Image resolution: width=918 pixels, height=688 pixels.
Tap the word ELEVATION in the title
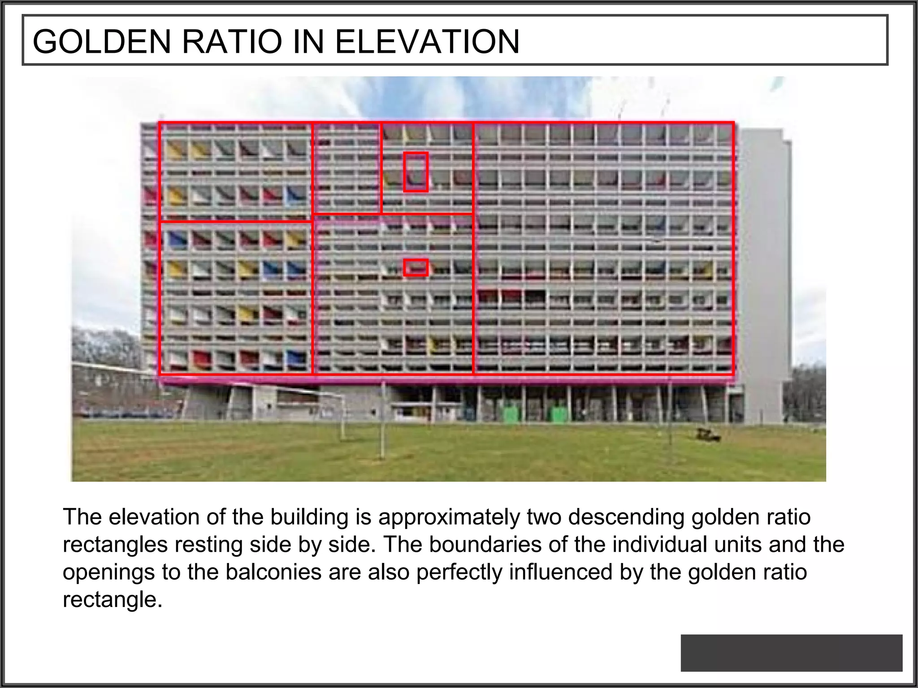pyautogui.click(x=427, y=41)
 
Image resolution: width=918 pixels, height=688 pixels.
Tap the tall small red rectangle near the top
pyautogui.click(x=416, y=172)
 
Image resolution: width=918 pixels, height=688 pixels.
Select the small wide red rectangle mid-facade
pyautogui.click(x=416, y=268)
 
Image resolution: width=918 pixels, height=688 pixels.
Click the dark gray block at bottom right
pyautogui.click(x=791, y=653)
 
